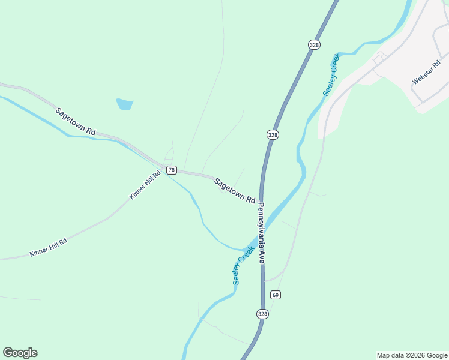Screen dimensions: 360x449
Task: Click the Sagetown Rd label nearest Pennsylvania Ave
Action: pos(235,190)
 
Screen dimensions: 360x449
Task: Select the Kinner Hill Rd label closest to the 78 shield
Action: pos(145,185)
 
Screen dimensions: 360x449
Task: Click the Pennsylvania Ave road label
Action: pos(262,233)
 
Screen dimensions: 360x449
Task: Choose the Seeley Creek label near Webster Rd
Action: pos(331,74)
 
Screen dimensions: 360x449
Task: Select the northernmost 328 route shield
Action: pos(314,44)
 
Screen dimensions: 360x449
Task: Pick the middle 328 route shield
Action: pos(273,135)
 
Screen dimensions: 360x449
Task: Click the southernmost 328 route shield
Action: pos(262,314)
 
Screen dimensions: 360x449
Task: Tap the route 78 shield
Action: pos(172,170)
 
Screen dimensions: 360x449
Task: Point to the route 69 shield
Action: pos(276,295)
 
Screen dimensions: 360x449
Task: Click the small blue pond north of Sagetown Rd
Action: pos(124,104)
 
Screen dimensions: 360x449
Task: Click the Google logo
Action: pos(20,353)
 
